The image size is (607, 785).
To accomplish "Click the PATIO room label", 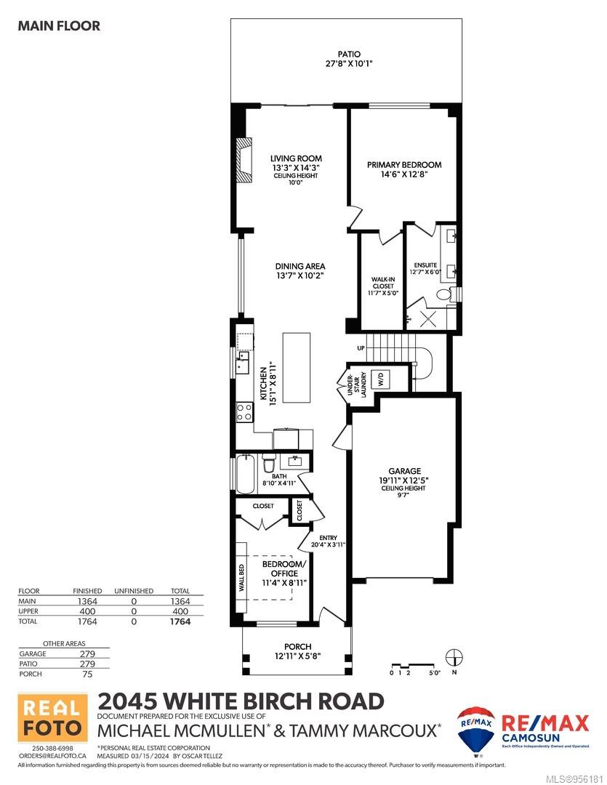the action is (x=349, y=54).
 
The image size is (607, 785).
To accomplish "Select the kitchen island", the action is (x=297, y=367).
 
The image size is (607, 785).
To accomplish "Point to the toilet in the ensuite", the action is (x=445, y=294).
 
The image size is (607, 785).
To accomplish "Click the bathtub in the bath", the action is (x=245, y=474).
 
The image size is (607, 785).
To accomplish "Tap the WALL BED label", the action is (x=241, y=579).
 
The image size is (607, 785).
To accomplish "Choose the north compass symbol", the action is (x=454, y=657).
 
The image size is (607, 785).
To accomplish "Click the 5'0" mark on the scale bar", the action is (x=434, y=673).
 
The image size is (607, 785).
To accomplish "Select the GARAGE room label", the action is (x=405, y=471).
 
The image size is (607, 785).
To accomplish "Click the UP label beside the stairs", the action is (x=361, y=348).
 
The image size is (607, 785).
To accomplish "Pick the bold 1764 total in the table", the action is (x=180, y=621).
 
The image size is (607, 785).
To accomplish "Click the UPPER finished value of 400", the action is (x=87, y=611).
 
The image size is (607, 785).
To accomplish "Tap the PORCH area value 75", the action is (x=88, y=674).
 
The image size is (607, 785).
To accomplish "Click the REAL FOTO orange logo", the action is (x=52, y=717).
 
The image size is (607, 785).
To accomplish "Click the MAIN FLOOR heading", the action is (x=59, y=25).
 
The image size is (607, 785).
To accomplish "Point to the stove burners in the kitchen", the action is (x=244, y=413).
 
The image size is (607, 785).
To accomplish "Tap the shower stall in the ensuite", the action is (x=428, y=318).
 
